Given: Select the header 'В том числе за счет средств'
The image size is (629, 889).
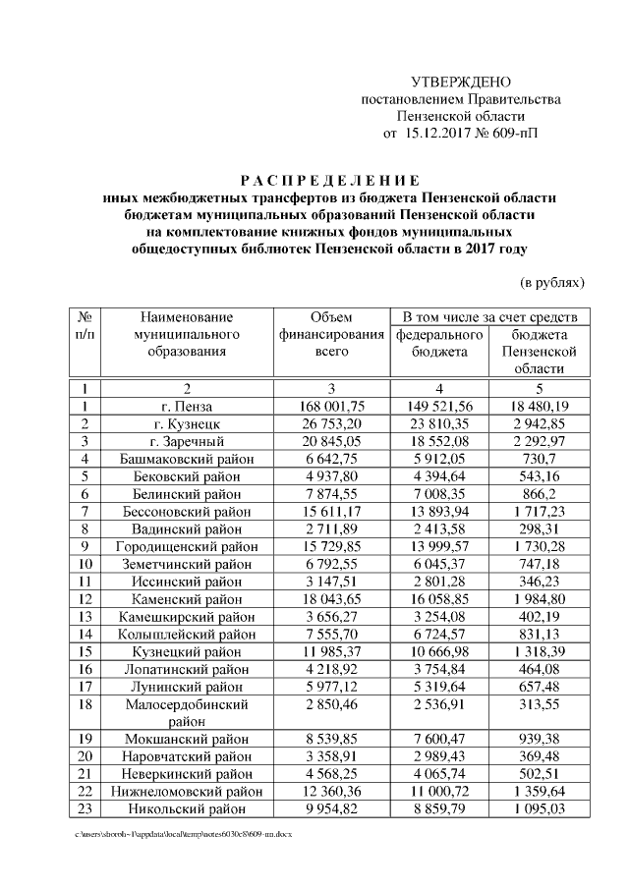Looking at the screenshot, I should [491, 317].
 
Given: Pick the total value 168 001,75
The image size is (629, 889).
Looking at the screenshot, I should [331, 406].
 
